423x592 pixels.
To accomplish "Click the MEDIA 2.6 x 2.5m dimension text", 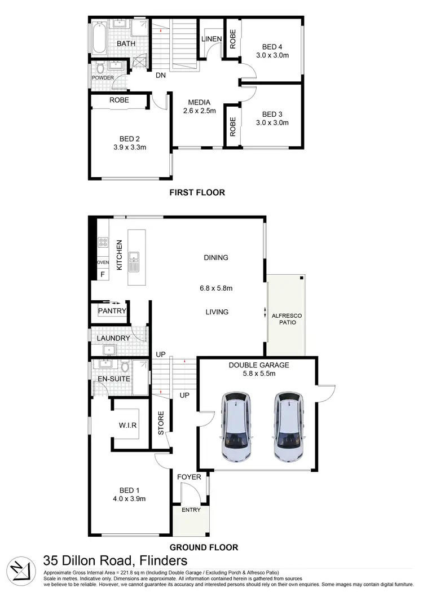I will tap(200, 111).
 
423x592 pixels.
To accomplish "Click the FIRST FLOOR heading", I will tap(197, 192).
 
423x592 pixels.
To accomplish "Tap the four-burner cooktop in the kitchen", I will tap(103, 243).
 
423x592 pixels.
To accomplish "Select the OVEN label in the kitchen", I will tap(103, 262).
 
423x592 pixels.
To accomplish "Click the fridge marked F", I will tap(103, 275).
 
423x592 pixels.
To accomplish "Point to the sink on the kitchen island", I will tap(135, 261).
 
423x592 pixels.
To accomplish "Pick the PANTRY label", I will tap(112, 311).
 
